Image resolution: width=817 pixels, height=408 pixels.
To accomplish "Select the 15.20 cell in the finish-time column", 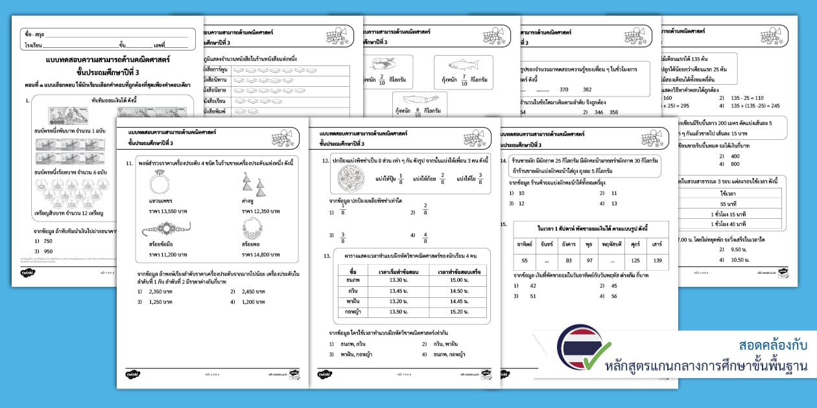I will pyautogui.click(x=458, y=312).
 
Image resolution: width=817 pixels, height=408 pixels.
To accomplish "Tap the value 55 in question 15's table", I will pyautogui.click(x=525, y=260).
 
